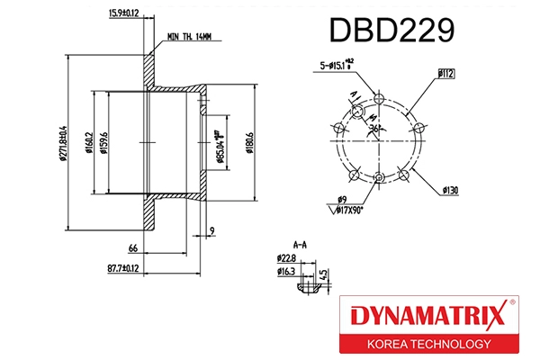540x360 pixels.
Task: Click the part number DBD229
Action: click(x=391, y=31)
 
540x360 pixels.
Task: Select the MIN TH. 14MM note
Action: click(x=189, y=37)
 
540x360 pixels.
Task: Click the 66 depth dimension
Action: click(x=131, y=247)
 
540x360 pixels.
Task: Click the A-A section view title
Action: click(x=301, y=244)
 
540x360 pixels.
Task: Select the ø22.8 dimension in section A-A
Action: click(x=286, y=258)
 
